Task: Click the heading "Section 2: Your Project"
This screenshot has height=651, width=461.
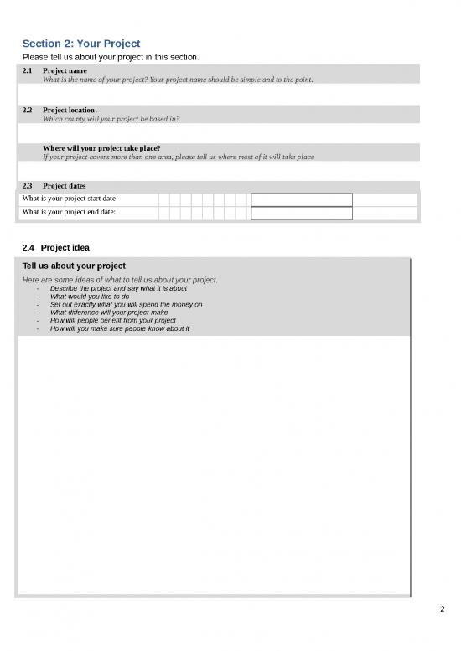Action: [x=80, y=43]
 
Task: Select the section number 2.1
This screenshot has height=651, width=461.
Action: [x=27, y=70]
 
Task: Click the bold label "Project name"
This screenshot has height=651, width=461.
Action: [x=65, y=70]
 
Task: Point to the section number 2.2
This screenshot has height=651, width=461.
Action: [x=27, y=110]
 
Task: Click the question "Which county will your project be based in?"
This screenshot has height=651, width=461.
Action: [x=111, y=119]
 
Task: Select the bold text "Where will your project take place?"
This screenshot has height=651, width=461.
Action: [x=101, y=147]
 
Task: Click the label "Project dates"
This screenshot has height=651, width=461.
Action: [x=64, y=185]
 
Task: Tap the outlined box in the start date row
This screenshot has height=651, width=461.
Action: [x=301, y=199]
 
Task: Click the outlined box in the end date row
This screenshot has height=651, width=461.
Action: [x=301, y=213]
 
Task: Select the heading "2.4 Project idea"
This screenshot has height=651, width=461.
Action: [x=64, y=247]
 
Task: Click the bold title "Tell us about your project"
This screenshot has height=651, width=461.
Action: [x=74, y=266]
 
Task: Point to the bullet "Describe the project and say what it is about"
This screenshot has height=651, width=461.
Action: [x=118, y=287]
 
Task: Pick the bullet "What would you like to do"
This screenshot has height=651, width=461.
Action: [x=90, y=296]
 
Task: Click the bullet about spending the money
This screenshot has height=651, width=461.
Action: [x=126, y=304]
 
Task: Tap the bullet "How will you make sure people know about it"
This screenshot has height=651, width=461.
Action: [x=119, y=328]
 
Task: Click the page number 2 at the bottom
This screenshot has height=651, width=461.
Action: [x=442, y=609]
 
